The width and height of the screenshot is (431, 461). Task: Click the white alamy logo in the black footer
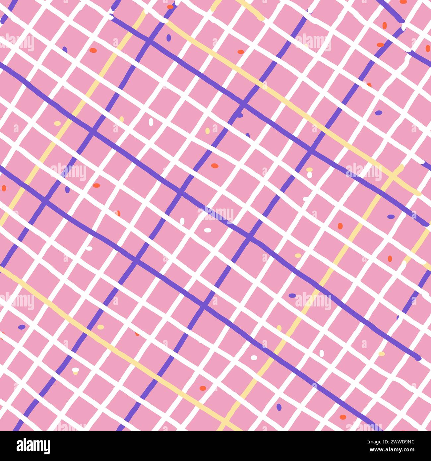[33, 446]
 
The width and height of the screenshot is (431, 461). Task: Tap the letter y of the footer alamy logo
[46, 447]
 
